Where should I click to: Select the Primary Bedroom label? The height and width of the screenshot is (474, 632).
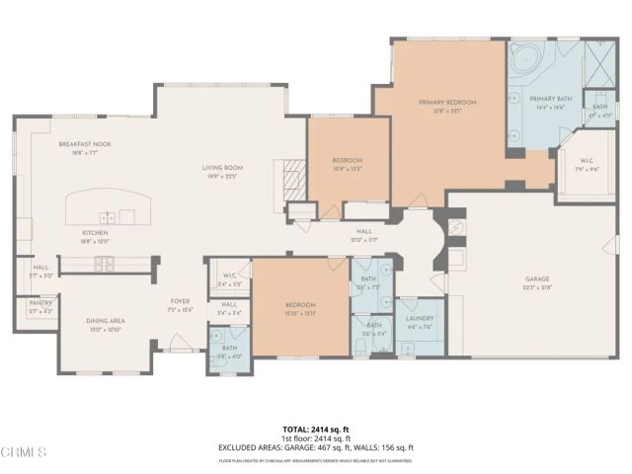tap(447, 102)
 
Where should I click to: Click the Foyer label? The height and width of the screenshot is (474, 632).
tap(180, 301)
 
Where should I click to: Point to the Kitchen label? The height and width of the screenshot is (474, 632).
tap(95, 233)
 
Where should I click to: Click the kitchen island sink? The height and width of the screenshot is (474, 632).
tap(107, 216)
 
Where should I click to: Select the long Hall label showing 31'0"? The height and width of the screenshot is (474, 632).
tap(364, 233)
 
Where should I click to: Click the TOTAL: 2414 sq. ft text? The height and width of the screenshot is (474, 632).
tap(315, 429)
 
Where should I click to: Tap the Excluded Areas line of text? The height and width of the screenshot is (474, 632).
tap(315, 446)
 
